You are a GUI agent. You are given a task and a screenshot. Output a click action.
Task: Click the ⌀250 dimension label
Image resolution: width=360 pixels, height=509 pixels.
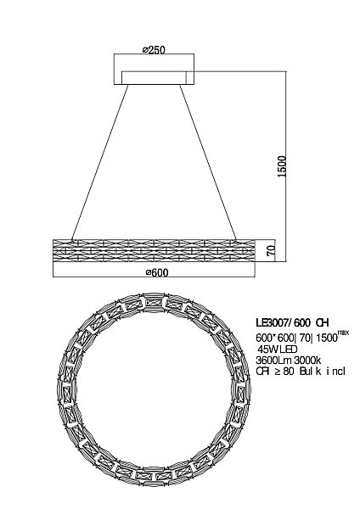[154, 50]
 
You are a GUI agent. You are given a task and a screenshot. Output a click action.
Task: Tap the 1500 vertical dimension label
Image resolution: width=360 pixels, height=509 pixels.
[282, 166]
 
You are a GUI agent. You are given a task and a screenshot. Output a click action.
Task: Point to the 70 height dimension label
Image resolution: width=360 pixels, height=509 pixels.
[272, 250]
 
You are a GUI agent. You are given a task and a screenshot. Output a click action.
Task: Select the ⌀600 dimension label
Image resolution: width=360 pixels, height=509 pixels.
[157, 272]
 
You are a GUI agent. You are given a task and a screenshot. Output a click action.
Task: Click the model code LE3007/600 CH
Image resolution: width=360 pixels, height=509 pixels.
[292, 322]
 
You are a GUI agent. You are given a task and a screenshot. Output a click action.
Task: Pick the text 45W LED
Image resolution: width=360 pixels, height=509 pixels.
[277, 350]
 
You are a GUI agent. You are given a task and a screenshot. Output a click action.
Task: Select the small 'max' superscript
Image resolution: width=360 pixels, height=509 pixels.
[343, 333]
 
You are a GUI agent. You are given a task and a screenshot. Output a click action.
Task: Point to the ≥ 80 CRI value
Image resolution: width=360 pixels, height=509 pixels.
[284, 372]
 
